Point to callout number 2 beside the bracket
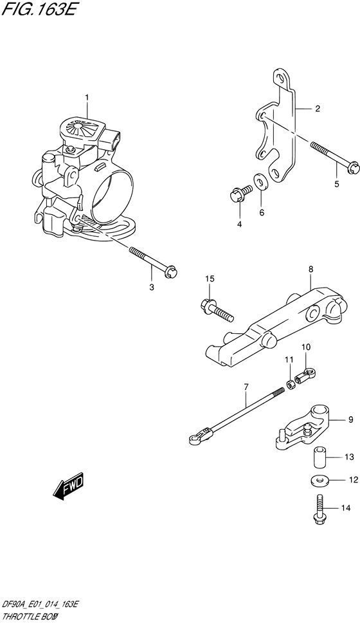[317, 109]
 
